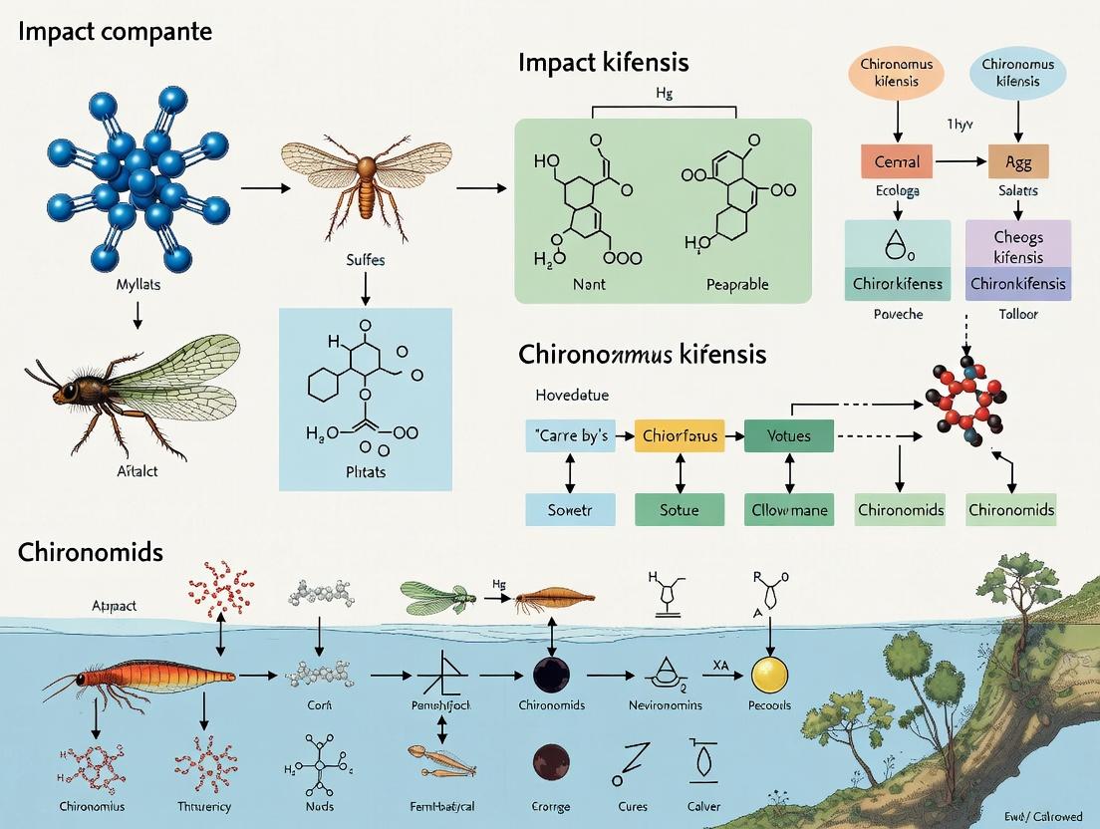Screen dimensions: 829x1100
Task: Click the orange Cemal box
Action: click(x=897, y=160)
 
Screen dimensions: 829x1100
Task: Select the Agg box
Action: click(x=1017, y=160)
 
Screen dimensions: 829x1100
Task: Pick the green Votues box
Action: click(x=788, y=435)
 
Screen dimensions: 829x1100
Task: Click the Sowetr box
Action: click(x=569, y=509)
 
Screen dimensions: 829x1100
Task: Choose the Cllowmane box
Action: click(x=788, y=509)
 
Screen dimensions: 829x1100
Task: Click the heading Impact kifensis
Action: click(x=603, y=63)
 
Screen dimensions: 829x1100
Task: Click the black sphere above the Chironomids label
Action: click(x=551, y=675)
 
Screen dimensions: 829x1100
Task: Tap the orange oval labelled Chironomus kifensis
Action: click(x=896, y=73)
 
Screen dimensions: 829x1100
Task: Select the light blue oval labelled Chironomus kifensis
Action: click(x=1017, y=73)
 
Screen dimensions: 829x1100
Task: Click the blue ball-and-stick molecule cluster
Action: click(x=135, y=179)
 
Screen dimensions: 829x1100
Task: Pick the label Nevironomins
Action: click(x=666, y=704)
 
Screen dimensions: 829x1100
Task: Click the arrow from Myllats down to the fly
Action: click(x=137, y=314)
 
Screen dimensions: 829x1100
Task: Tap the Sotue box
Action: click(x=679, y=509)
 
